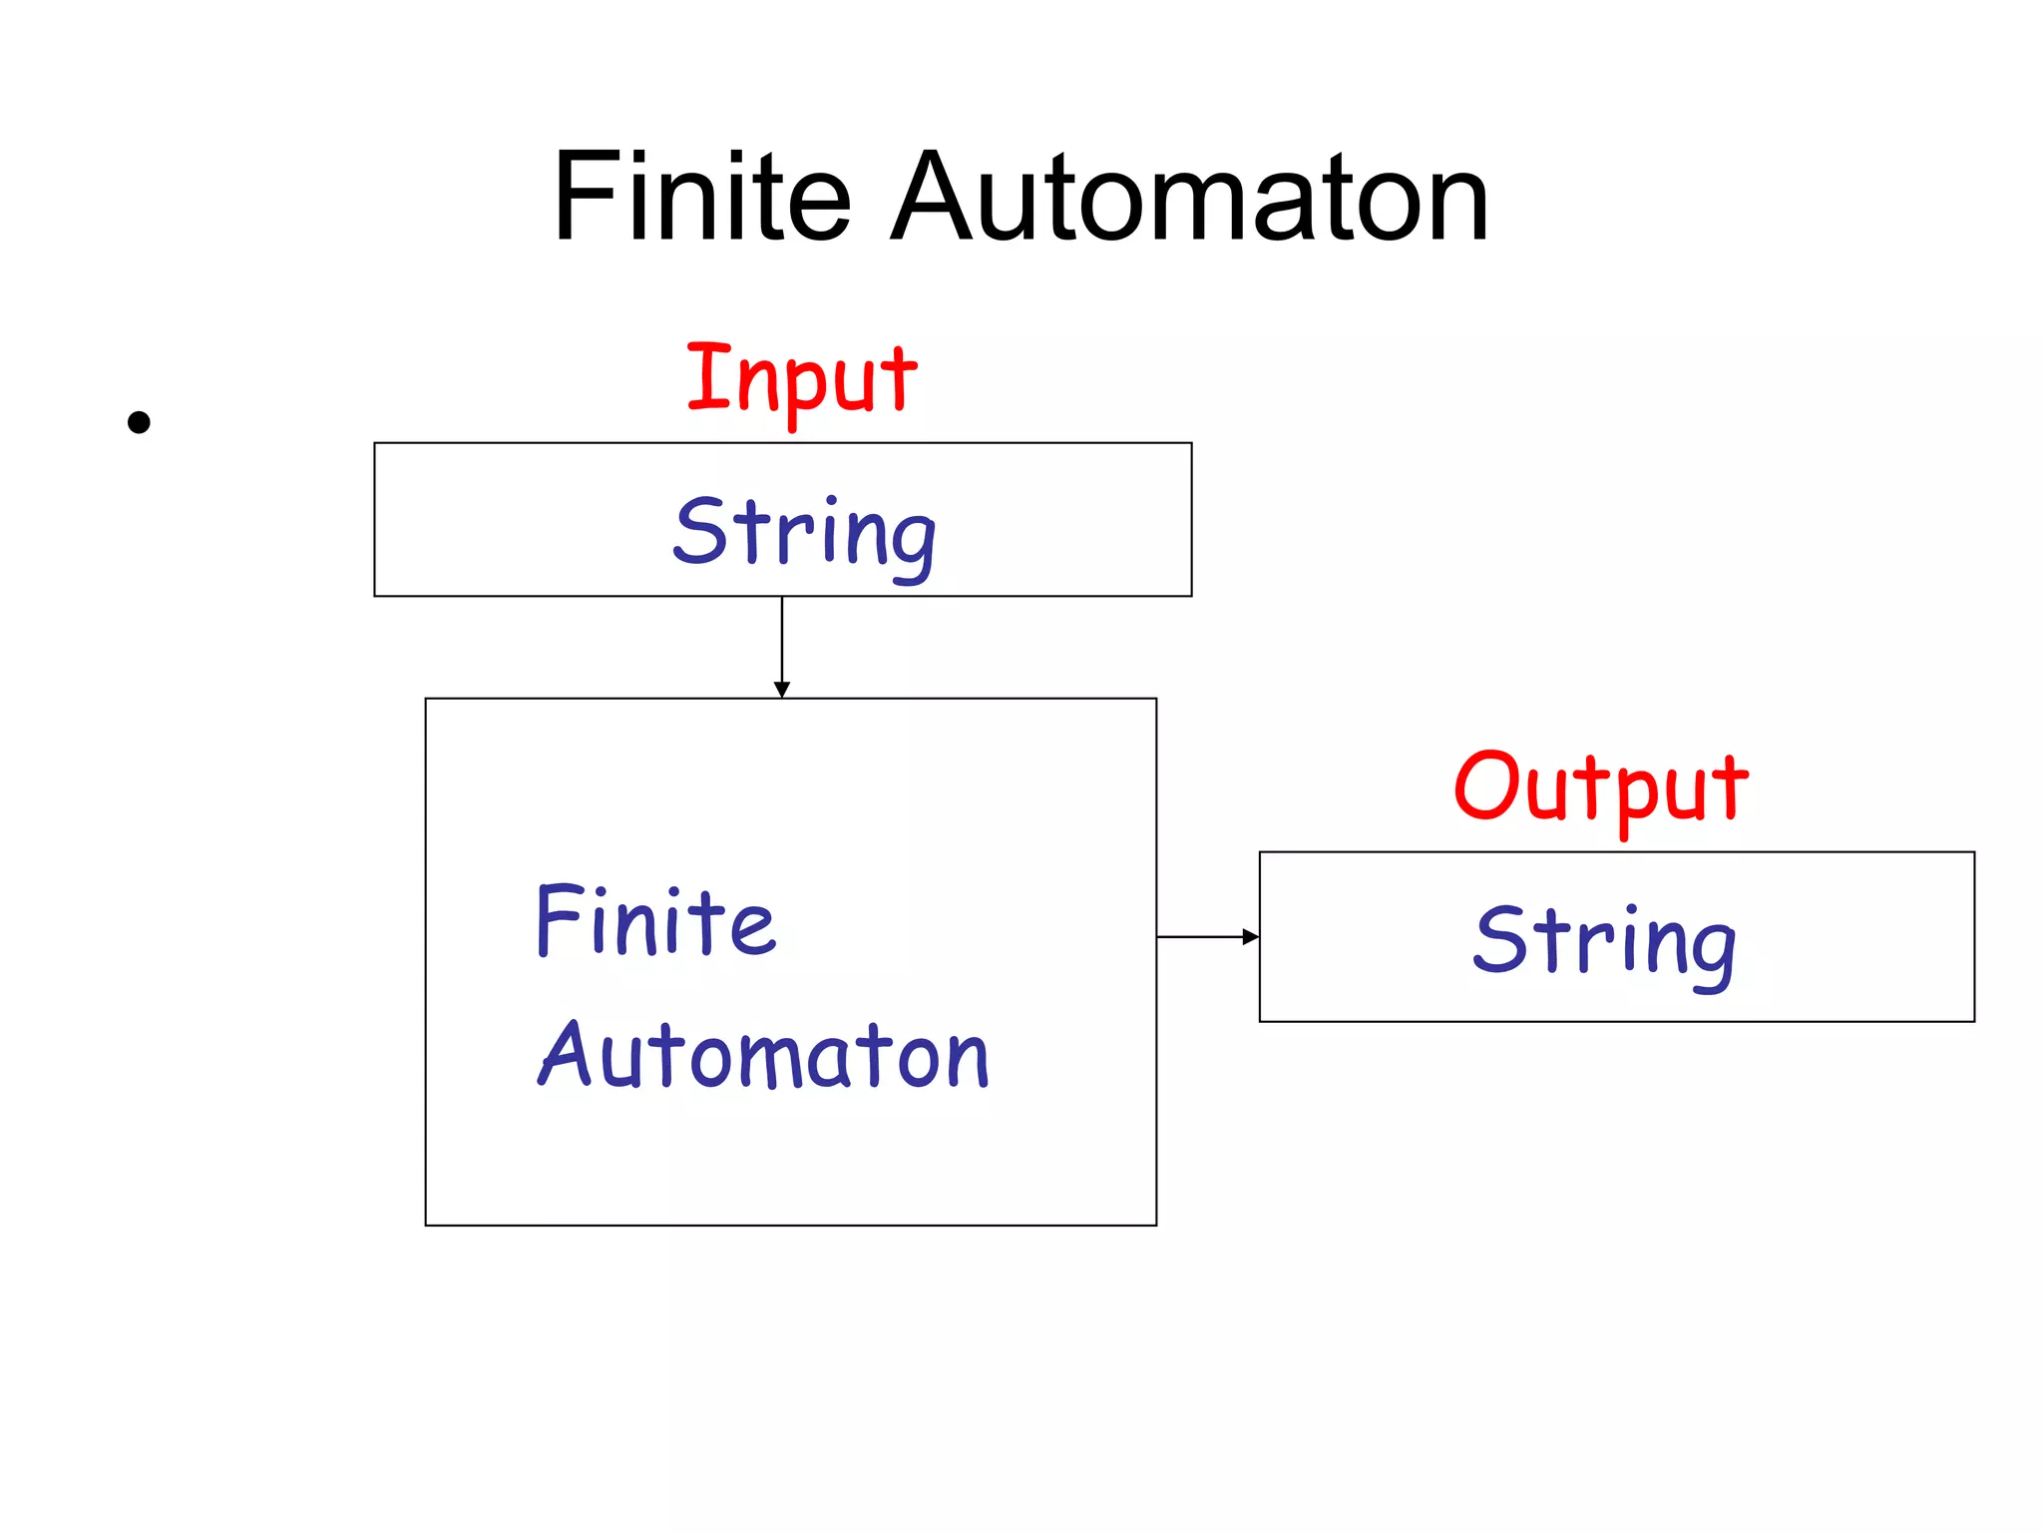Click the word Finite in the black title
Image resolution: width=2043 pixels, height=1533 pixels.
(x=701, y=197)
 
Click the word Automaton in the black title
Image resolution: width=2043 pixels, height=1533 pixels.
(x=1189, y=197)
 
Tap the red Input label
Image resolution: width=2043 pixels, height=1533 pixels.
(x=801, y=379)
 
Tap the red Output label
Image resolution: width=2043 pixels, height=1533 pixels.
(x=1600, y=788)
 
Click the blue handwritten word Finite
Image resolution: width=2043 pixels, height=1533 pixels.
(x=655, y=921)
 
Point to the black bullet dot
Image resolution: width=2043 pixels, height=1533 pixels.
(x=139, y=422)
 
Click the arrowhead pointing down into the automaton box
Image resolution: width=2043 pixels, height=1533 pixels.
(x=782, y=690)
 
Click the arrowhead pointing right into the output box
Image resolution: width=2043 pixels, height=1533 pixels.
(x=1250, y=936)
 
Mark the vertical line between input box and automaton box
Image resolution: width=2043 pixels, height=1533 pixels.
(x=782, y=639)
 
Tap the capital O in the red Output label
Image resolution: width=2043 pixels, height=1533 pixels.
(x=1485, y=786)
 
